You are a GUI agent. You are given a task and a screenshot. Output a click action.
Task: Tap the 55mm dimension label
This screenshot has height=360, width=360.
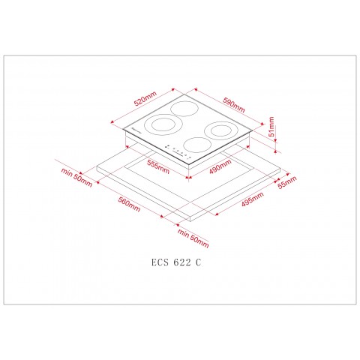pyautogui.click(x=286, y=181)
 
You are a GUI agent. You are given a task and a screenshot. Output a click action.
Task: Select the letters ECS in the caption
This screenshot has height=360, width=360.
pyautogui.click(x=158, y=262)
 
